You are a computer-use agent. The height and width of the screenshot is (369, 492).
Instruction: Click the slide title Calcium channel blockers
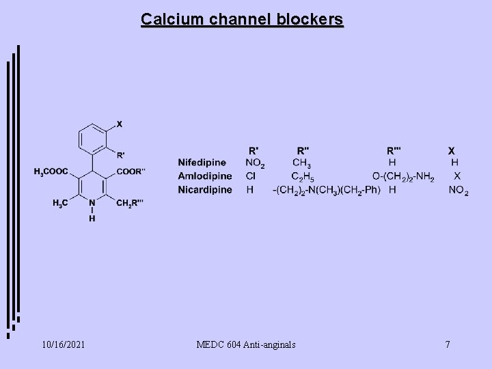(243, 19)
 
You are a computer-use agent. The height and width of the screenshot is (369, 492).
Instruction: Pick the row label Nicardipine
(205, 189)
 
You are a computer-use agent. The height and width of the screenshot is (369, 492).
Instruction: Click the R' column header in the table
(254, 150)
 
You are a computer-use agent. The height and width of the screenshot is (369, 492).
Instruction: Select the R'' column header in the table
(301, 150)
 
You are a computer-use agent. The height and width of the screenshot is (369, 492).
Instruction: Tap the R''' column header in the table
(394, 150)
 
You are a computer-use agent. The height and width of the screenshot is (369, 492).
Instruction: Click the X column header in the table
(451, 150)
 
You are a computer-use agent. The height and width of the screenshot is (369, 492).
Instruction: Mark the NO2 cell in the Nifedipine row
(255, 163)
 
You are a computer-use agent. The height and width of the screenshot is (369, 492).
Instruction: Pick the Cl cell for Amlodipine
(251, 176)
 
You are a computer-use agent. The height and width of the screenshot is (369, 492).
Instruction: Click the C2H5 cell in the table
(302, 177)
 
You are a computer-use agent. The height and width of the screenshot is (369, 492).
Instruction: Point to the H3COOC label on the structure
(52, 172)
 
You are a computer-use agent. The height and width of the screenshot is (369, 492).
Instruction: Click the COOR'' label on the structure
(131, 172)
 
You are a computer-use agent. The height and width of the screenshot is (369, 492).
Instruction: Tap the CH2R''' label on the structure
(132, 203)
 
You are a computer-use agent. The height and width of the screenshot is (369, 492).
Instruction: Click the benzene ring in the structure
(92, 138)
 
